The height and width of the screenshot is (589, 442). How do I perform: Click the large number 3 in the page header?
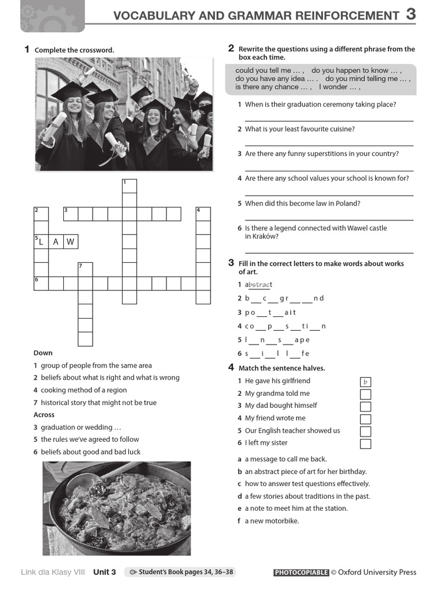410,14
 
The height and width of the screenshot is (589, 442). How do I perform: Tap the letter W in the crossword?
70,242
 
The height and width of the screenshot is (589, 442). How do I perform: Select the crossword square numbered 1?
129,186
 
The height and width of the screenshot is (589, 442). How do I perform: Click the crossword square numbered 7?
85,269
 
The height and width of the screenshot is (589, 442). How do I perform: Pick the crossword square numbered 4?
203,214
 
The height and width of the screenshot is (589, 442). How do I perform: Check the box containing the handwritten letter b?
365,382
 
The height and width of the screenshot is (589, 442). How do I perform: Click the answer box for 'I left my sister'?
365,443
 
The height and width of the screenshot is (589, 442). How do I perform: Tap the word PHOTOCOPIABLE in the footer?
300,572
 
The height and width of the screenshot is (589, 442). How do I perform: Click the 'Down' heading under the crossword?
43,353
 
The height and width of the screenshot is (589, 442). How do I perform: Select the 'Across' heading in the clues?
44,415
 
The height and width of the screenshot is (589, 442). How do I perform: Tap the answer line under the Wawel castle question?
329,253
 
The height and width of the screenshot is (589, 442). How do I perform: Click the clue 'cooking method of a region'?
83,390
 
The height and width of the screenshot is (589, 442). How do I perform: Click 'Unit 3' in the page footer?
105,572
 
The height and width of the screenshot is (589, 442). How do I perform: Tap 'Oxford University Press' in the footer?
377,572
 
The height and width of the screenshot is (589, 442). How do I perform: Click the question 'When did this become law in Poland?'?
302,203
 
